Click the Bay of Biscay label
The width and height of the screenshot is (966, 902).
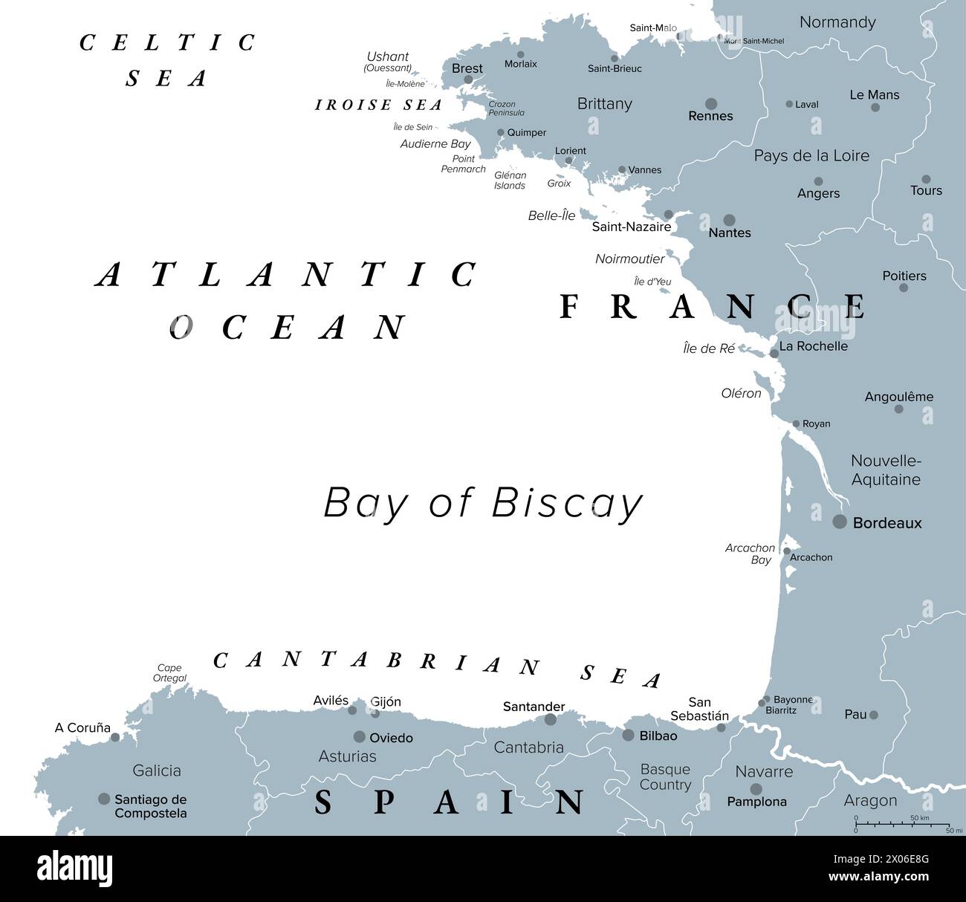pyautogui.click(x=483, y=504)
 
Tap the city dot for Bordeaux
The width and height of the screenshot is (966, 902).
pyautogui.click(x=840, y=522)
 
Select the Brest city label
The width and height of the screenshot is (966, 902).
pyautogui.click(x=467, y=68)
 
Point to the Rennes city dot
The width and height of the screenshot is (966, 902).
pyautogui.click(x=711, y=104)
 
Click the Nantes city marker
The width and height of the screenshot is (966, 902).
pyautogui.click(x=729, y=220)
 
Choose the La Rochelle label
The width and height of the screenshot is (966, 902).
pyautogui.click(x=813, y=346)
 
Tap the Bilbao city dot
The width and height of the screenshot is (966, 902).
pyautogui.click(x=628, y=736)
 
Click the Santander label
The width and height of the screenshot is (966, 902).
pyautogui.click(x=534, y=707)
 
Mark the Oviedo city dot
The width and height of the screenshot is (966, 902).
pyautogui.click(x=360, y=737)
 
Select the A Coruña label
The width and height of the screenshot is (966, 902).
pyautogui.click(x=82, y=728)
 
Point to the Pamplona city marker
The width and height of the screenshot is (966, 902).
pyautogui.click(x=756, y=789)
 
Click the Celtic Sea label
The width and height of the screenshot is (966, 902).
pyautogui.click(x=167, y=60)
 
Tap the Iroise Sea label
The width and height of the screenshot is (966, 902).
pyautogui.click(x=379, y=106)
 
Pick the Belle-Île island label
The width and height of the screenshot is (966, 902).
pyautogui.click(x=551, y=216)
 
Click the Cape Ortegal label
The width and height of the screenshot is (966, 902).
pyautogui.click(x=169, y=673)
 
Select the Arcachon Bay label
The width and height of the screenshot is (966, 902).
pyautogui.click(x=751, y=554)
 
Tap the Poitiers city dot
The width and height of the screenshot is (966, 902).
pyautogui.click(x=904, y=288)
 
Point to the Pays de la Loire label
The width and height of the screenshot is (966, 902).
pyautogui.click(x=811, y=156)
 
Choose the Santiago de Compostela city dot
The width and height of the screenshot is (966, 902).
pyautogui.click(x=104, y=799)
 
